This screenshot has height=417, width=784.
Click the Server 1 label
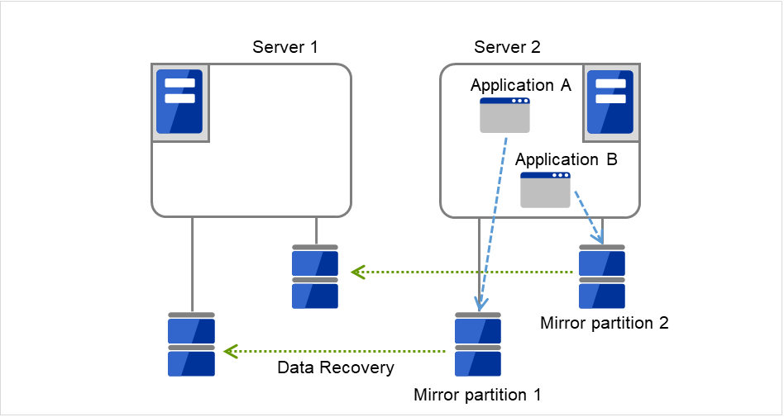[285, 46]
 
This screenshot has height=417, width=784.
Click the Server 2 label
[507, 46]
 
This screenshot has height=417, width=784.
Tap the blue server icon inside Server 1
[179, 101]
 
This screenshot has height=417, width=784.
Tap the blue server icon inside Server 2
[610, 101]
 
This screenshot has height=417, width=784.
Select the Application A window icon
[505, 115]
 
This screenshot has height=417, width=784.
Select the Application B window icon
[545, 190]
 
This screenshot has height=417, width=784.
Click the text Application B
[566, 159]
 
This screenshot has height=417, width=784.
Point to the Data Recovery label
[336, 367]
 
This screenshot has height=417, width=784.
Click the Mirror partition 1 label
[477, 394]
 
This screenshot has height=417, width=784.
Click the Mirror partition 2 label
[604, 323]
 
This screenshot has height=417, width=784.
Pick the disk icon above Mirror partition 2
[602, 275]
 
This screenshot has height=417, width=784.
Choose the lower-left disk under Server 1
[191, 344]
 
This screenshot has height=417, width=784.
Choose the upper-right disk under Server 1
[315, 275]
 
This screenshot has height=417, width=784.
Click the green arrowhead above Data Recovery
[231, 352]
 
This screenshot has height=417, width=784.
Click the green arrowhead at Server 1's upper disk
[356, 271]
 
